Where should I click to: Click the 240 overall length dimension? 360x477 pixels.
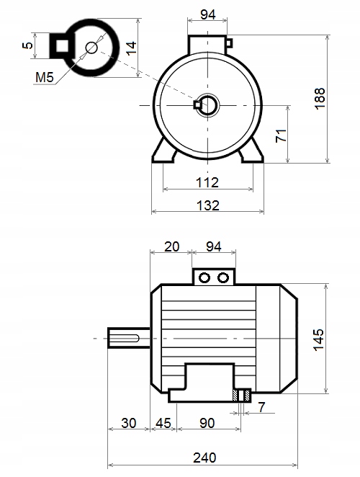point(204,458)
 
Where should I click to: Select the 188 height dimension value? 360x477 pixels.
point(320,99)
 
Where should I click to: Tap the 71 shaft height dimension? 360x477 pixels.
point(281,135)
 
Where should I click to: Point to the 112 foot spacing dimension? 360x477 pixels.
point(207,182)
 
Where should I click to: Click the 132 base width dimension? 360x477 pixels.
point(208,205)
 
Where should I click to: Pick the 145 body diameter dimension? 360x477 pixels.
point(319,340)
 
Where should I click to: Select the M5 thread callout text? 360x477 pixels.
point(45,77)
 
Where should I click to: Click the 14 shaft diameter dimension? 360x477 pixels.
point(131,49)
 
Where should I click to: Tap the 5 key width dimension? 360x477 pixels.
point(27,45)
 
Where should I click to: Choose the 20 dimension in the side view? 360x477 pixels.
point(172,246)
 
